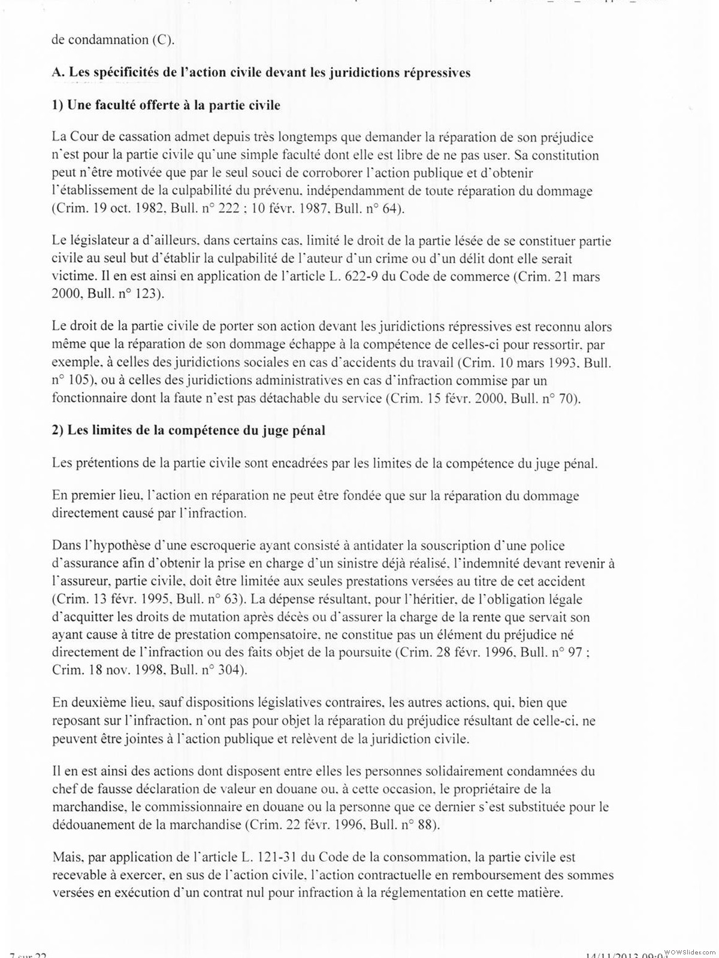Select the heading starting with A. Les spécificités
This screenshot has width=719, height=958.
(261, 72)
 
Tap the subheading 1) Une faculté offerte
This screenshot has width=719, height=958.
(166, 105)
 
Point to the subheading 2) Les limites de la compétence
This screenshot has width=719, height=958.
(189, 430)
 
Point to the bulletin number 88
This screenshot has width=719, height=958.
(423, 824)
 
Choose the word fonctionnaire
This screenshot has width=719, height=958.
(89, 398)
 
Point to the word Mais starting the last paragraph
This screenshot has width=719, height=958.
(67, 857)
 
